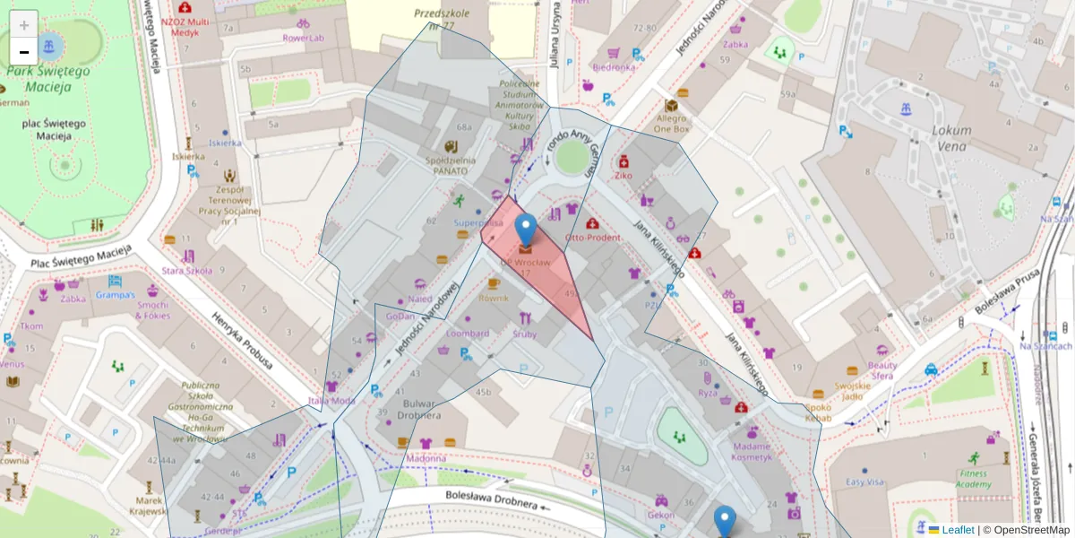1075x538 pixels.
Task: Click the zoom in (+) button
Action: tap(24, 25)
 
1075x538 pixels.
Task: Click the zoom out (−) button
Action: tap(24, 52)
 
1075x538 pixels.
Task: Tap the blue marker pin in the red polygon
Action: tap(526, 230)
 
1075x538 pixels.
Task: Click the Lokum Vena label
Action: tap(951, 136)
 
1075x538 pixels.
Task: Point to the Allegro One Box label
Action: tap(672, 124)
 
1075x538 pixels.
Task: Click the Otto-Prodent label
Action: tap(592, 238)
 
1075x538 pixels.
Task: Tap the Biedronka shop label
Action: tap(614, 67)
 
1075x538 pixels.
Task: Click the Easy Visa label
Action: tap(864, 482)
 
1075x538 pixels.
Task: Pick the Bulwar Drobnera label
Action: tap(419, 410)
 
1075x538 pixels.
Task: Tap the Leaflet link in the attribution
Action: tap(957, 530)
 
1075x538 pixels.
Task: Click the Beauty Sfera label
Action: tap(882, 370)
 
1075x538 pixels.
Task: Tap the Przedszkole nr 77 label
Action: tap(436, 20)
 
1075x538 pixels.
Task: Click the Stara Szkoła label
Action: tap(186, 270)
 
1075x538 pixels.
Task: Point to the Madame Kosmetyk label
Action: tap(751, 451)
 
